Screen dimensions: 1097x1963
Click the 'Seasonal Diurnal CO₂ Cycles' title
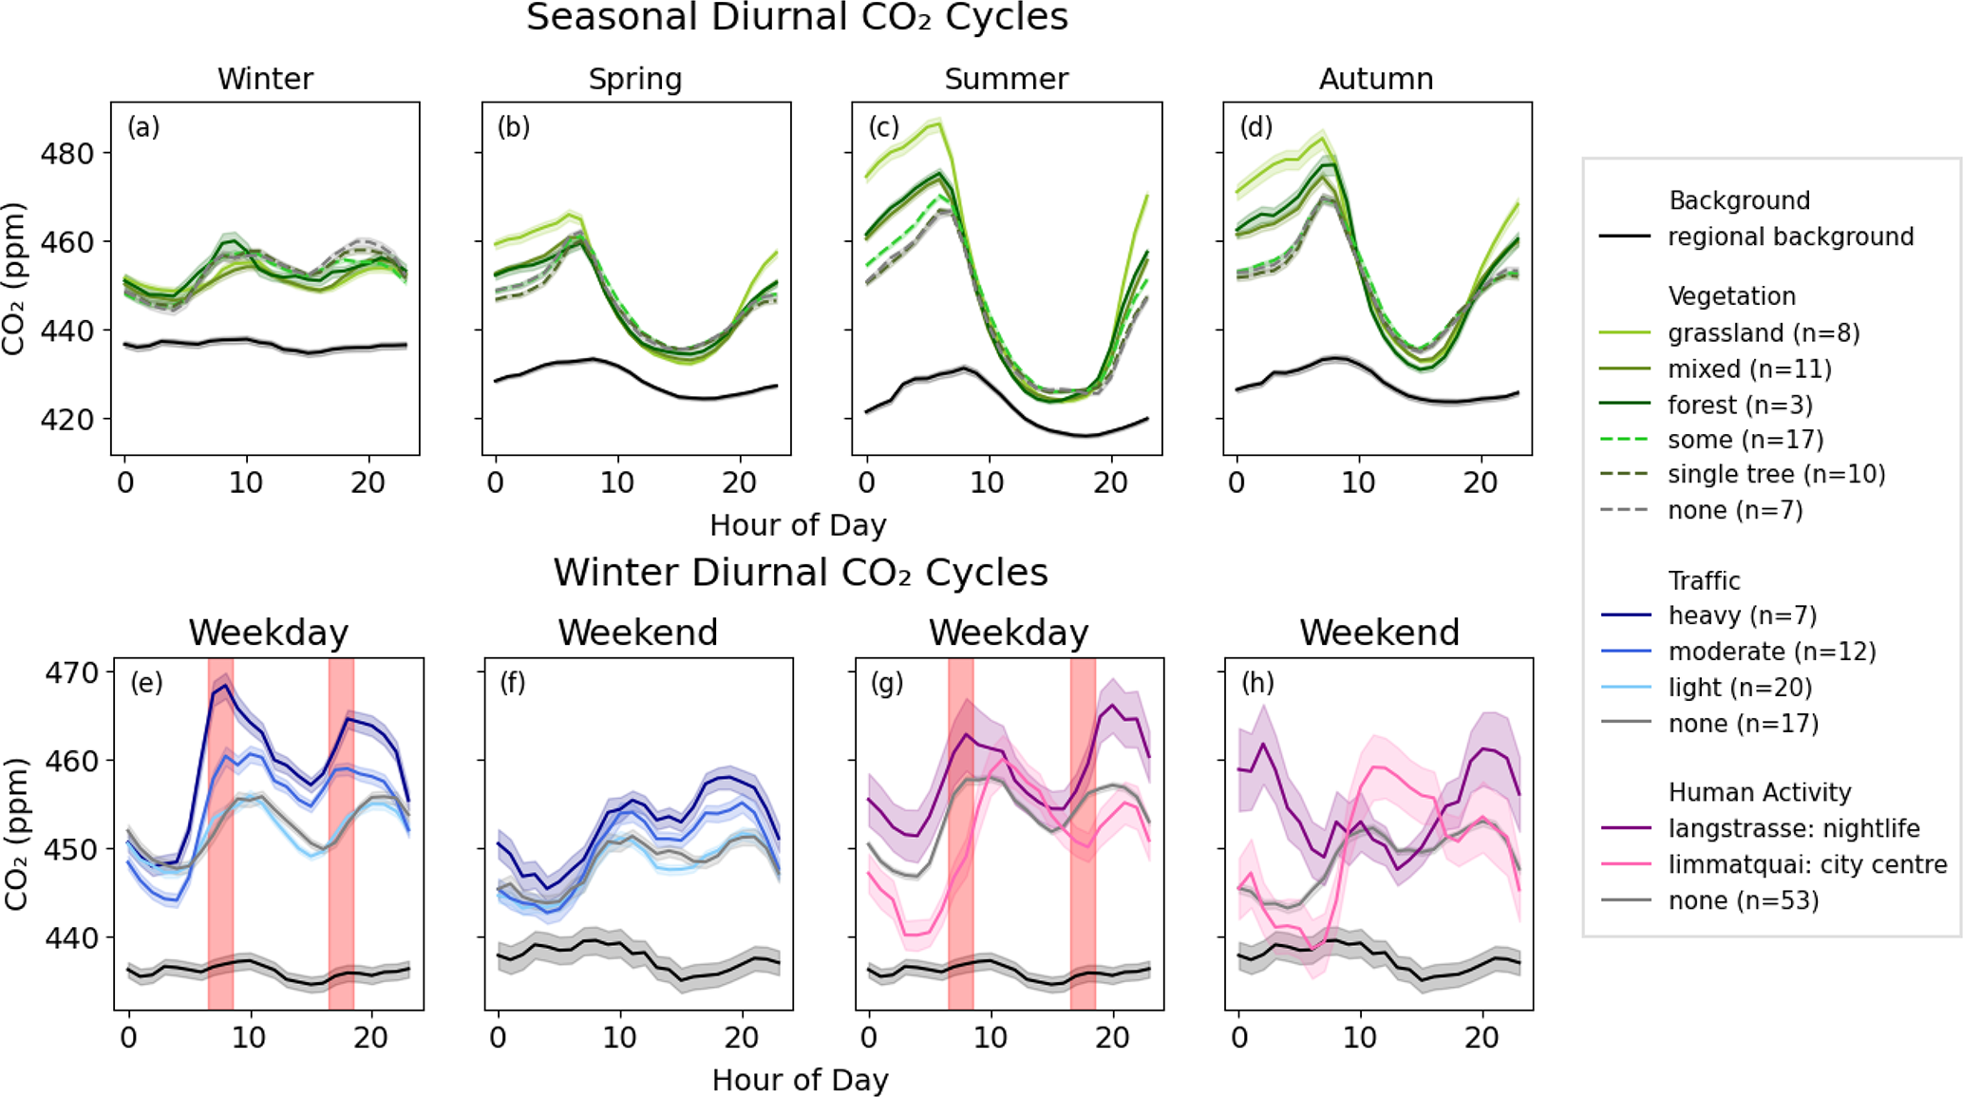tap(797, 18)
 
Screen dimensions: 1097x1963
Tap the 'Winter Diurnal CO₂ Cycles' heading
tap(801, 573)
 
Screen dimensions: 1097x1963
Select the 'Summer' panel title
tap(1006, 79)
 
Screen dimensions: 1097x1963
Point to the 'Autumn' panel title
tap(1376, 79)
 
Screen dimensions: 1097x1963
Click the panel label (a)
tap(143, 127)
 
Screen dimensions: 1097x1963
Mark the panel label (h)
tap(1257, 683)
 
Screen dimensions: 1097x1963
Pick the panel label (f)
tap(513, 683)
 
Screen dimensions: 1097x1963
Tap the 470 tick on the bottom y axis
tap(71, 673)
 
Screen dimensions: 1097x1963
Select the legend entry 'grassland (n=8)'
tap(1764, 333)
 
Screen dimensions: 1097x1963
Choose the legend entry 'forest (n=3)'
tap(1740, 406)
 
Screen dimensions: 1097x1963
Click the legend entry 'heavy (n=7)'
tap(1742, 616)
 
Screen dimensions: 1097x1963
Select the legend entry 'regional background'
tap(1790, 236)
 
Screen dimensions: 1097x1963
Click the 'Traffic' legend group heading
tap(1704, 580)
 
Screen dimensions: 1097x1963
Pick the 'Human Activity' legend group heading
tap(1760, 792)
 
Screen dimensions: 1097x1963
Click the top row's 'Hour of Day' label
tap(798, 525)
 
